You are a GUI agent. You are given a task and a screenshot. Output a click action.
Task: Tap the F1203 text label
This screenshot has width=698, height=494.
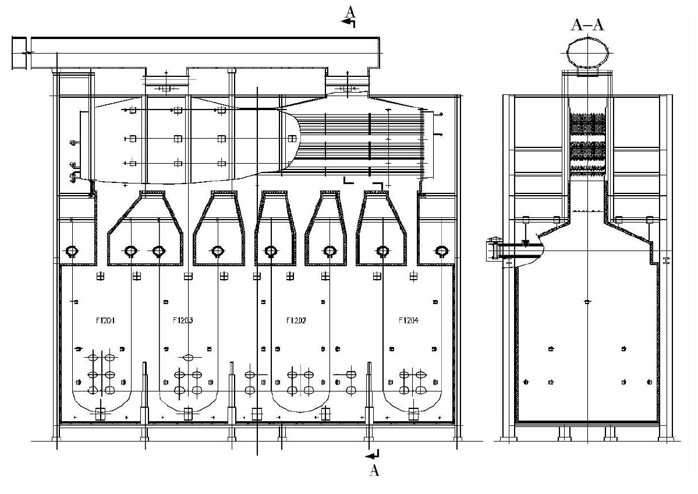click(x=183, y=320)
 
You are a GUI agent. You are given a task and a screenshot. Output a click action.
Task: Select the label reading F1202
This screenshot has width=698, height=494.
click(x=296, y=320)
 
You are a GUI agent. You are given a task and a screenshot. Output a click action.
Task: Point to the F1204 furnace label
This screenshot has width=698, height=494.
click(x=408, y=320)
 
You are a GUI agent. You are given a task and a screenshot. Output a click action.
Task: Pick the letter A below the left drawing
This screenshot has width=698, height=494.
click(x=374, y=471)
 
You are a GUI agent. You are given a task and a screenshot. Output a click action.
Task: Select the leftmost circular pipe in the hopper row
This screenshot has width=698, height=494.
click(x=73, y=251)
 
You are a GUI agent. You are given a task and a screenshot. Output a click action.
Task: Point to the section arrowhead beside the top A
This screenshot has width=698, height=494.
click(x=348, y=23)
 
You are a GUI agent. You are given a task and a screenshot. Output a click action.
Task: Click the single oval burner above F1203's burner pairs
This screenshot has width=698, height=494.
click(x=188, y=357)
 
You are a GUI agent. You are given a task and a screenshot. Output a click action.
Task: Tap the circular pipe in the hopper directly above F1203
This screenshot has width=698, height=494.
click(x=218, y=251)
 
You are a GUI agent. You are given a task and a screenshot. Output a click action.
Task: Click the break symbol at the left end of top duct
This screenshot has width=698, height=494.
click(x=24, y=53)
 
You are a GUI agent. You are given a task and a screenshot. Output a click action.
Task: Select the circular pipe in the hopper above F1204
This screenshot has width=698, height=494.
click(x=382, y=251)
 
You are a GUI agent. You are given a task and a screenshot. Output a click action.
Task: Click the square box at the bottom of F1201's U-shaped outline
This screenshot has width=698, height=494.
click(x=100, y=414)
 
